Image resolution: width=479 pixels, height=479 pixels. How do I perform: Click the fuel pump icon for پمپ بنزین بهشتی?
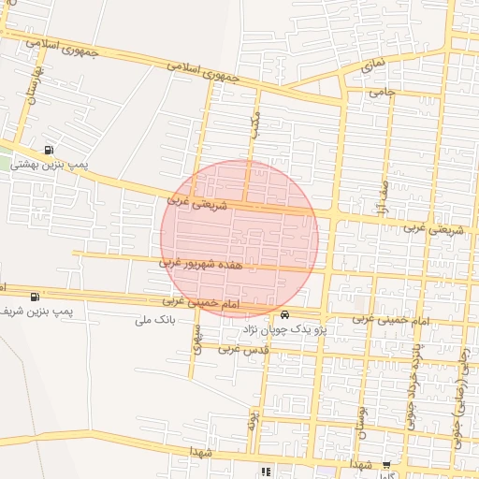point(49,150)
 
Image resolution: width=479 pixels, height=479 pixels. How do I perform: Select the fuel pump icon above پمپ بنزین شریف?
point(35,297)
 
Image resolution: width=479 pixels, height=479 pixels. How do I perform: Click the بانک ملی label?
point(155,320)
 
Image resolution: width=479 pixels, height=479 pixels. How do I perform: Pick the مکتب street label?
point(254,125)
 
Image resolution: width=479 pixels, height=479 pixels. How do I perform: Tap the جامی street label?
point(383,93)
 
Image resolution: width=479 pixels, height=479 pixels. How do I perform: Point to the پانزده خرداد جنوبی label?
point(412,385)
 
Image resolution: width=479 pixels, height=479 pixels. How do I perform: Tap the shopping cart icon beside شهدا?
point(386,464)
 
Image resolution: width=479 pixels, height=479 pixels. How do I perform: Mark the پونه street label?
point(253,415)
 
